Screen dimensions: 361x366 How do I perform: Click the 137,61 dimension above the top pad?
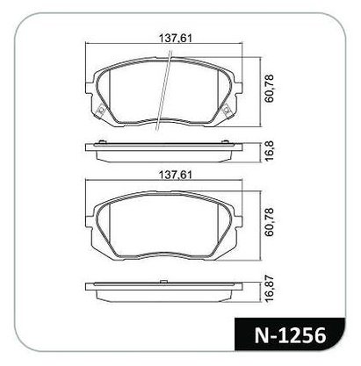pyautogui.click(x=175, y=38)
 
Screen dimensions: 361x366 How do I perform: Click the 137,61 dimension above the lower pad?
pyautogui.click(x=175, y=175)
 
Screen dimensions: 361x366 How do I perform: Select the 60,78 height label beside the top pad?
pyautogui.click(x=269, y=88)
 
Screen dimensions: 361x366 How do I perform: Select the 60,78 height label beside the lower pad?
pyautogui.click(x=269, y=222)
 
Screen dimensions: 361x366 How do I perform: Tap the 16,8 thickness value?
pyautogui.click(x=269, y=151)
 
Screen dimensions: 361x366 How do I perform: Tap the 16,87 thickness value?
pyautogui.click(x=269, y=288)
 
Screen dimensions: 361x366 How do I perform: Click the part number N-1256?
pyautogui.click(x=290, y=335)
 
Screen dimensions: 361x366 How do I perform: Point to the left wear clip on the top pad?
pyautogui.click(x=100, y=110)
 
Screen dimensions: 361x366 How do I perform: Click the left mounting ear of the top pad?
pyautogui.click(x=89, y=88)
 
